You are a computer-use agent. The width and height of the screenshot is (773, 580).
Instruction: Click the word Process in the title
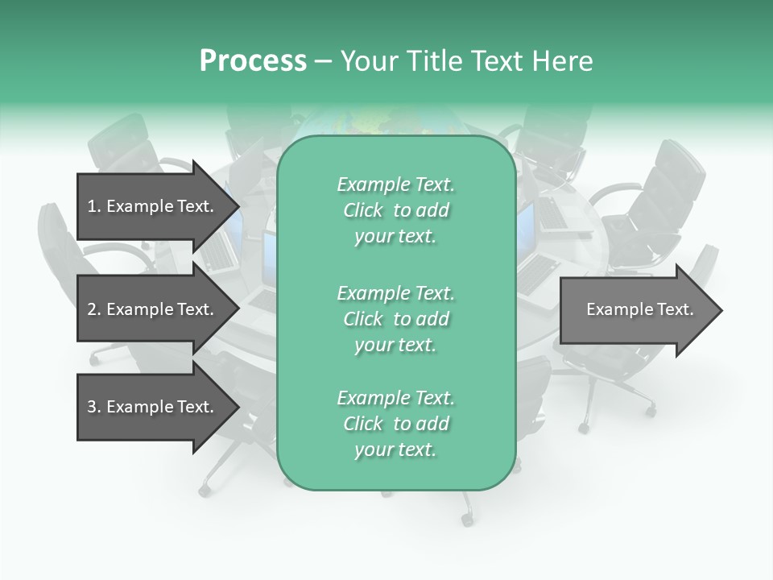253,61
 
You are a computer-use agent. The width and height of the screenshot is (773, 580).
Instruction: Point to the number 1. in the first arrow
94,206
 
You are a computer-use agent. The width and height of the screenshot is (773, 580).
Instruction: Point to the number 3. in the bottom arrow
94,407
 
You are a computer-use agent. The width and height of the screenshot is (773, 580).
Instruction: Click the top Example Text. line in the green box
395,184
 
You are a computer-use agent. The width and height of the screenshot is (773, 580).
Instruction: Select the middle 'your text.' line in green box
395,345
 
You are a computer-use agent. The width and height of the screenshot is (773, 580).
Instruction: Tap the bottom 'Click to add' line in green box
395,424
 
